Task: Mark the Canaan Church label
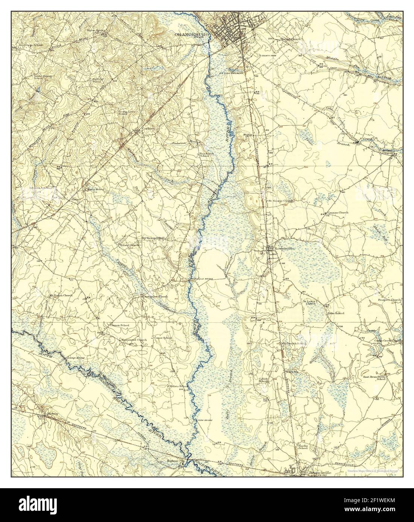pos(338,213)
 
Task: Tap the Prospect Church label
pos(390,300)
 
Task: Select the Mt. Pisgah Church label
pos(61,296)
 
